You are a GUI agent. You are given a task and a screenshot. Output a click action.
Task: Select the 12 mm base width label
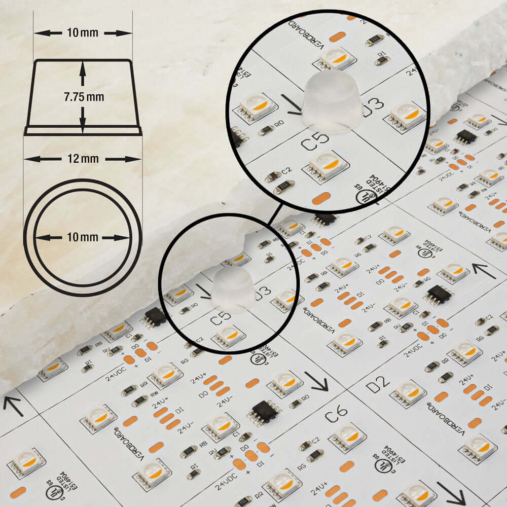(83, 159)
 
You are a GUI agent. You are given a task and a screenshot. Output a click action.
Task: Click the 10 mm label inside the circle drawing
(83, 237)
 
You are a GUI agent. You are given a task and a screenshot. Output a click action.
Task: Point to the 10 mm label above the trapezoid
(83, 33)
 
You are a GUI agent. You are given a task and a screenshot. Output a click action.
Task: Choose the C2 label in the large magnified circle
(286, 171)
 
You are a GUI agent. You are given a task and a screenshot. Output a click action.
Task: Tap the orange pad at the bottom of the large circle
(321, 198)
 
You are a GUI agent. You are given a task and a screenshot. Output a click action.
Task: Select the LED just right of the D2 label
(408, 391)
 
